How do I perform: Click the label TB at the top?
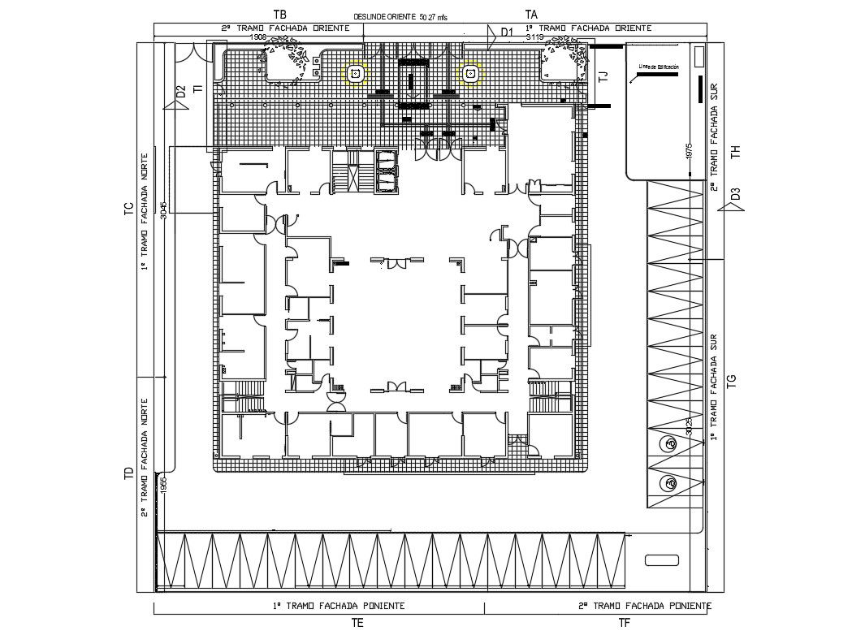(280, 14)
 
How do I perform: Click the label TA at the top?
(531, 14)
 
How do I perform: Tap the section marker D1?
(507, 31)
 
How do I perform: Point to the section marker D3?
(735, 194)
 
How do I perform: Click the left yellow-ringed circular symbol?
(355, 74)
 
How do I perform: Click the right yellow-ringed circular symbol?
(469, 74)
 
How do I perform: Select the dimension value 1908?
(257, 37)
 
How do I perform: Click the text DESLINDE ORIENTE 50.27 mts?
(400, 16)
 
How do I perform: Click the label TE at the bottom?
(357, 623)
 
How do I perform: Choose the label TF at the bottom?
(624, 623)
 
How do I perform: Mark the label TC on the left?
(128, 210)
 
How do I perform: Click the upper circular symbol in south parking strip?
(670, 444)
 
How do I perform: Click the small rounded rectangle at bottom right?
(661, 560)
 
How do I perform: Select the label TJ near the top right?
(603, 78)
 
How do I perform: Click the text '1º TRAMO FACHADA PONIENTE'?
(339, 606)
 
